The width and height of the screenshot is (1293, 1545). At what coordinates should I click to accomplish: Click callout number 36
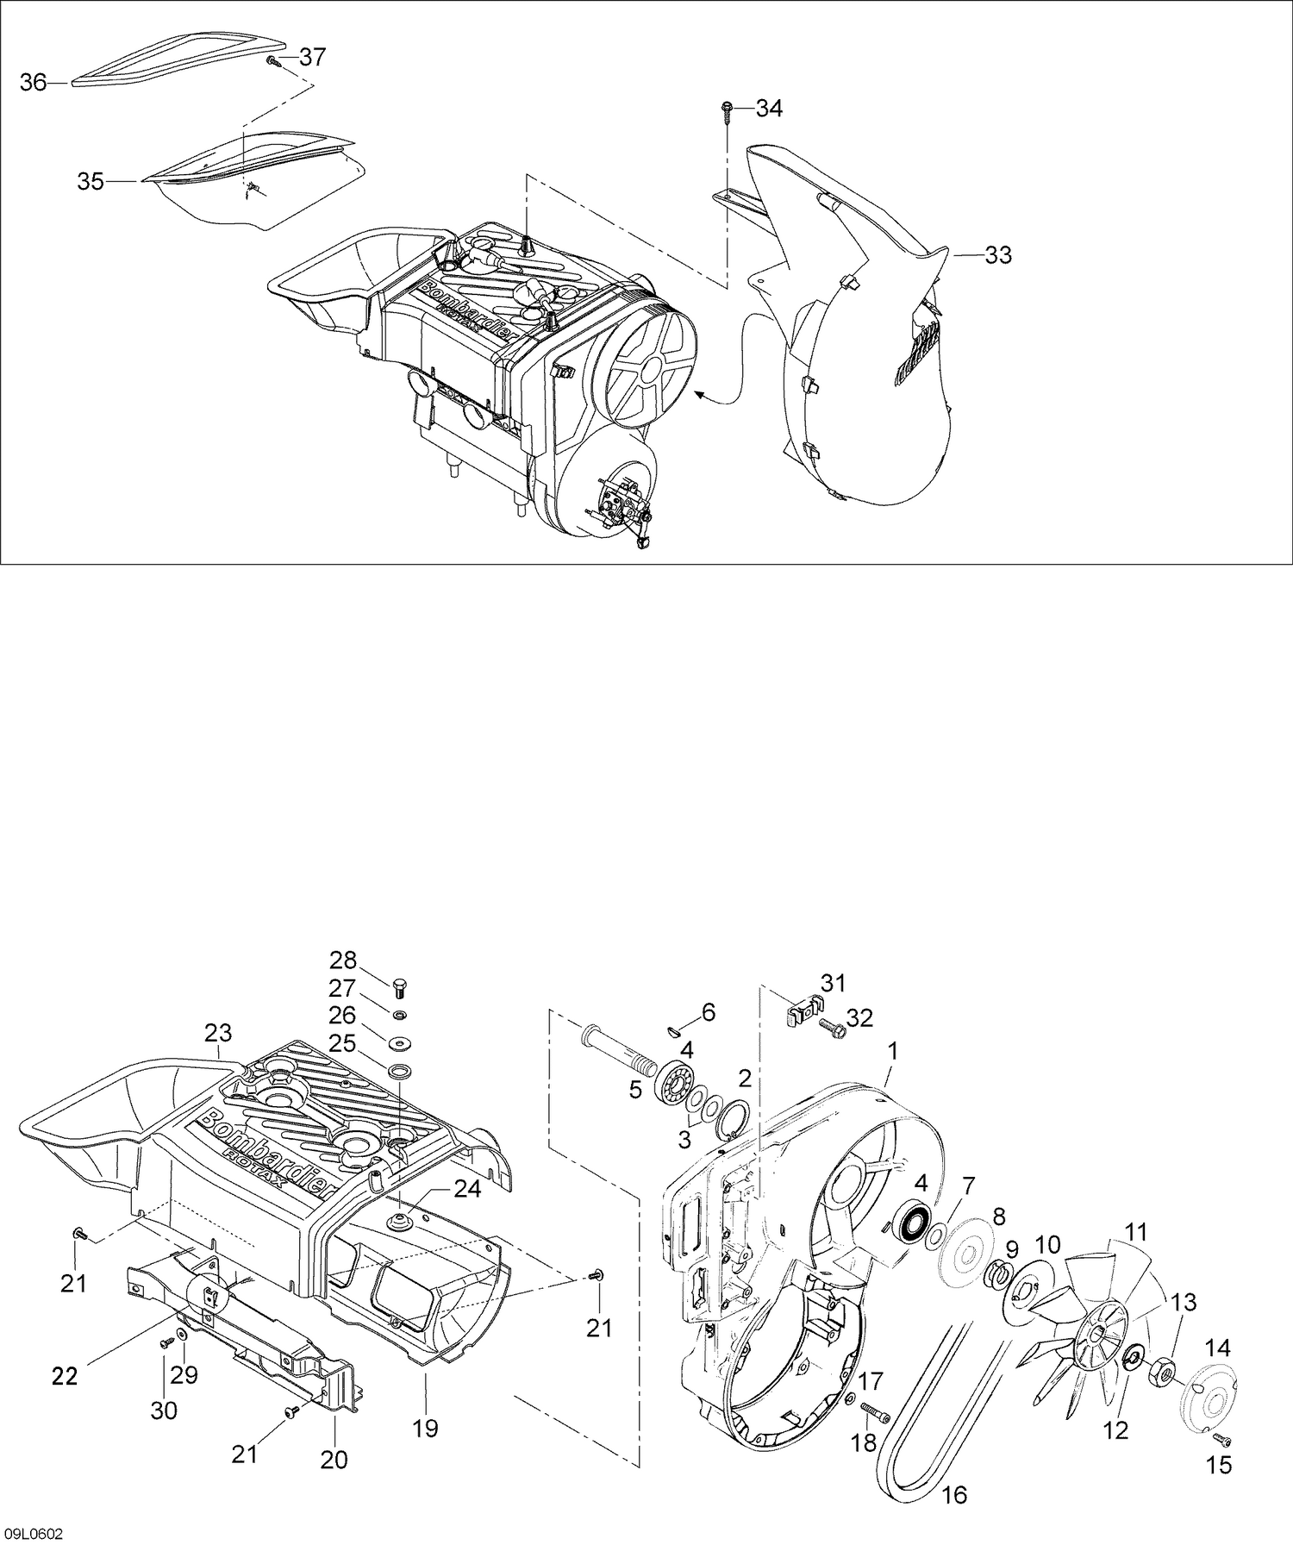point(34,84)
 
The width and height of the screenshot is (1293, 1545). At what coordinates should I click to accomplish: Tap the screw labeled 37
point(272,60)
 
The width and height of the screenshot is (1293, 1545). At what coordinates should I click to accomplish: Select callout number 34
point(769,109)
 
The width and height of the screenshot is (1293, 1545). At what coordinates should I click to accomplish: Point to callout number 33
point(998,255)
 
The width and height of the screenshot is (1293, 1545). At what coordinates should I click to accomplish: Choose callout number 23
point(219,1032)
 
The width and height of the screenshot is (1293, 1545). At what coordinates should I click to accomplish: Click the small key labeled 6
point(678,1027)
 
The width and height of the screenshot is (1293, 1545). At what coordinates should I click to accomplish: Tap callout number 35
point(91,182)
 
